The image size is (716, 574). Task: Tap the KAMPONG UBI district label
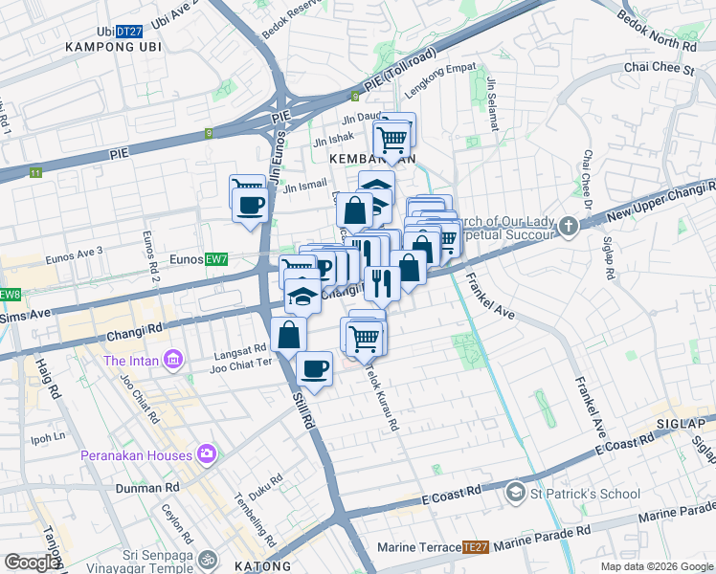[x=109, y=47]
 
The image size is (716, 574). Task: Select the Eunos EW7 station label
[x=198, y=259]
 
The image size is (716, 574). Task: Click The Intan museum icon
[x=173, y=360]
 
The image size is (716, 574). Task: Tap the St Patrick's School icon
[x=516, y=493]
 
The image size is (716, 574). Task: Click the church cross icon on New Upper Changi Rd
[x=570, y=227]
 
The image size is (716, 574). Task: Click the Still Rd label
[x=304, y=407]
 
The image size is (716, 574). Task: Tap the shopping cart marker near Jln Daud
[x=392, y=138]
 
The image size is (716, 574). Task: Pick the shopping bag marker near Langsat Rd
[x=288, y=335]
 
